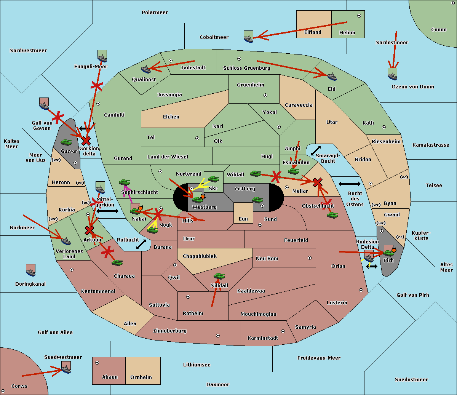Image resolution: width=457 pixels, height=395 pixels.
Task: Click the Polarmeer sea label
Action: coord(155,13)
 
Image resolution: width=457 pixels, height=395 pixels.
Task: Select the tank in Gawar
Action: coord(66,142)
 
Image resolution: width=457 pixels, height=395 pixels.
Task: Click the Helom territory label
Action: coord(347,33)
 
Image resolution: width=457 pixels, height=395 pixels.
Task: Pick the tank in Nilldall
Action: coord(219,276)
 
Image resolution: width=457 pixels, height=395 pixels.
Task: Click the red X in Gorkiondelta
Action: coord(86,141)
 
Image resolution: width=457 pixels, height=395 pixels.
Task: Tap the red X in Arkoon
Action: coord(89,230)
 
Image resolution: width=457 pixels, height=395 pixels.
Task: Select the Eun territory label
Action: coord(243,219)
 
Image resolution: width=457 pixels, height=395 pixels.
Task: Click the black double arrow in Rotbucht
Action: coord(141,245)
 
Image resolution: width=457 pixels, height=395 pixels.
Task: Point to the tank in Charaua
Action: coord(117,262)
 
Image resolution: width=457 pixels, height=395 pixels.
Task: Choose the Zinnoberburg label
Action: coord(170,331)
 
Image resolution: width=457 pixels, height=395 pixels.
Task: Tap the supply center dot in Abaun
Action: coord(97,363)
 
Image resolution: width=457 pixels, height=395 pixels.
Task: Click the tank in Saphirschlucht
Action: coord(124,182)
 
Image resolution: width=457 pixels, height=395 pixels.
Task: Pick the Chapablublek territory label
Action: coord(200,256)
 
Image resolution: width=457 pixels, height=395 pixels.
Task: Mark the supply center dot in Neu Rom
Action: coord(310,258)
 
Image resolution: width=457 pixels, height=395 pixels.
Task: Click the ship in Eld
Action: coord(332,77)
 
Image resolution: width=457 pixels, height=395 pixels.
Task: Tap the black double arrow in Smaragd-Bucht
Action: coord(316,150)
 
